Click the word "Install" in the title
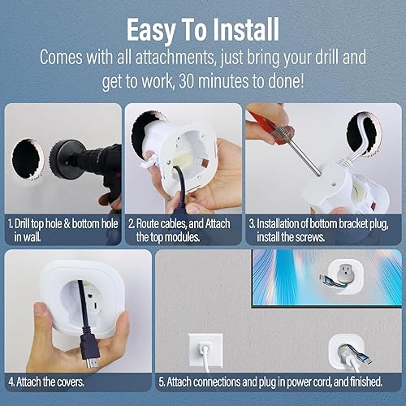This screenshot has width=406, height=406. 237,30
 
